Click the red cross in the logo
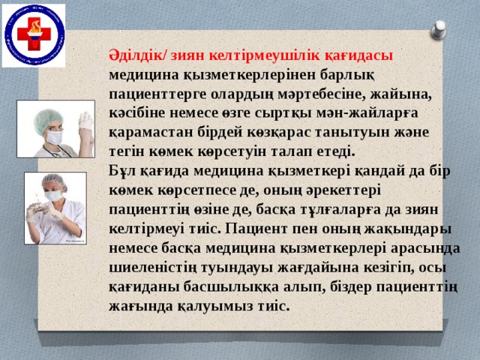[33, 34]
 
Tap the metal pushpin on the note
[439, 30]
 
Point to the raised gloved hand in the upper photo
[85, 123]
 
